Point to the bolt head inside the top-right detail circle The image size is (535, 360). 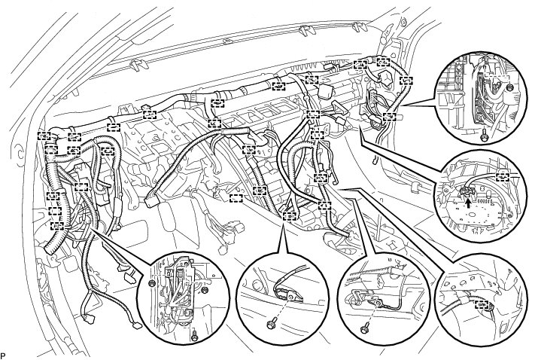pos(510,88)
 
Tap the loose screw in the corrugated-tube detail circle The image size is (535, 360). pos(364,325)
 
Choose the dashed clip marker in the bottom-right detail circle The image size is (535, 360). pos(487,305)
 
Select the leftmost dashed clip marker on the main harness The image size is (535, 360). pos(44,136)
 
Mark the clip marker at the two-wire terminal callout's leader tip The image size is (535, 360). pos(287,215)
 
